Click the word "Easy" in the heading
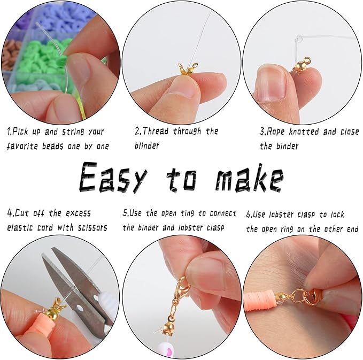coord(113,178)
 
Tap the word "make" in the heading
coord(249,178)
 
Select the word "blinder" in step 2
coord(147,145)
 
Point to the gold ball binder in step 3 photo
coord(300,66)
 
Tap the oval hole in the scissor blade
coord(80,308)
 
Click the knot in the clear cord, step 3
coord(298,39)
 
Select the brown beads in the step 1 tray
coord(10,53)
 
